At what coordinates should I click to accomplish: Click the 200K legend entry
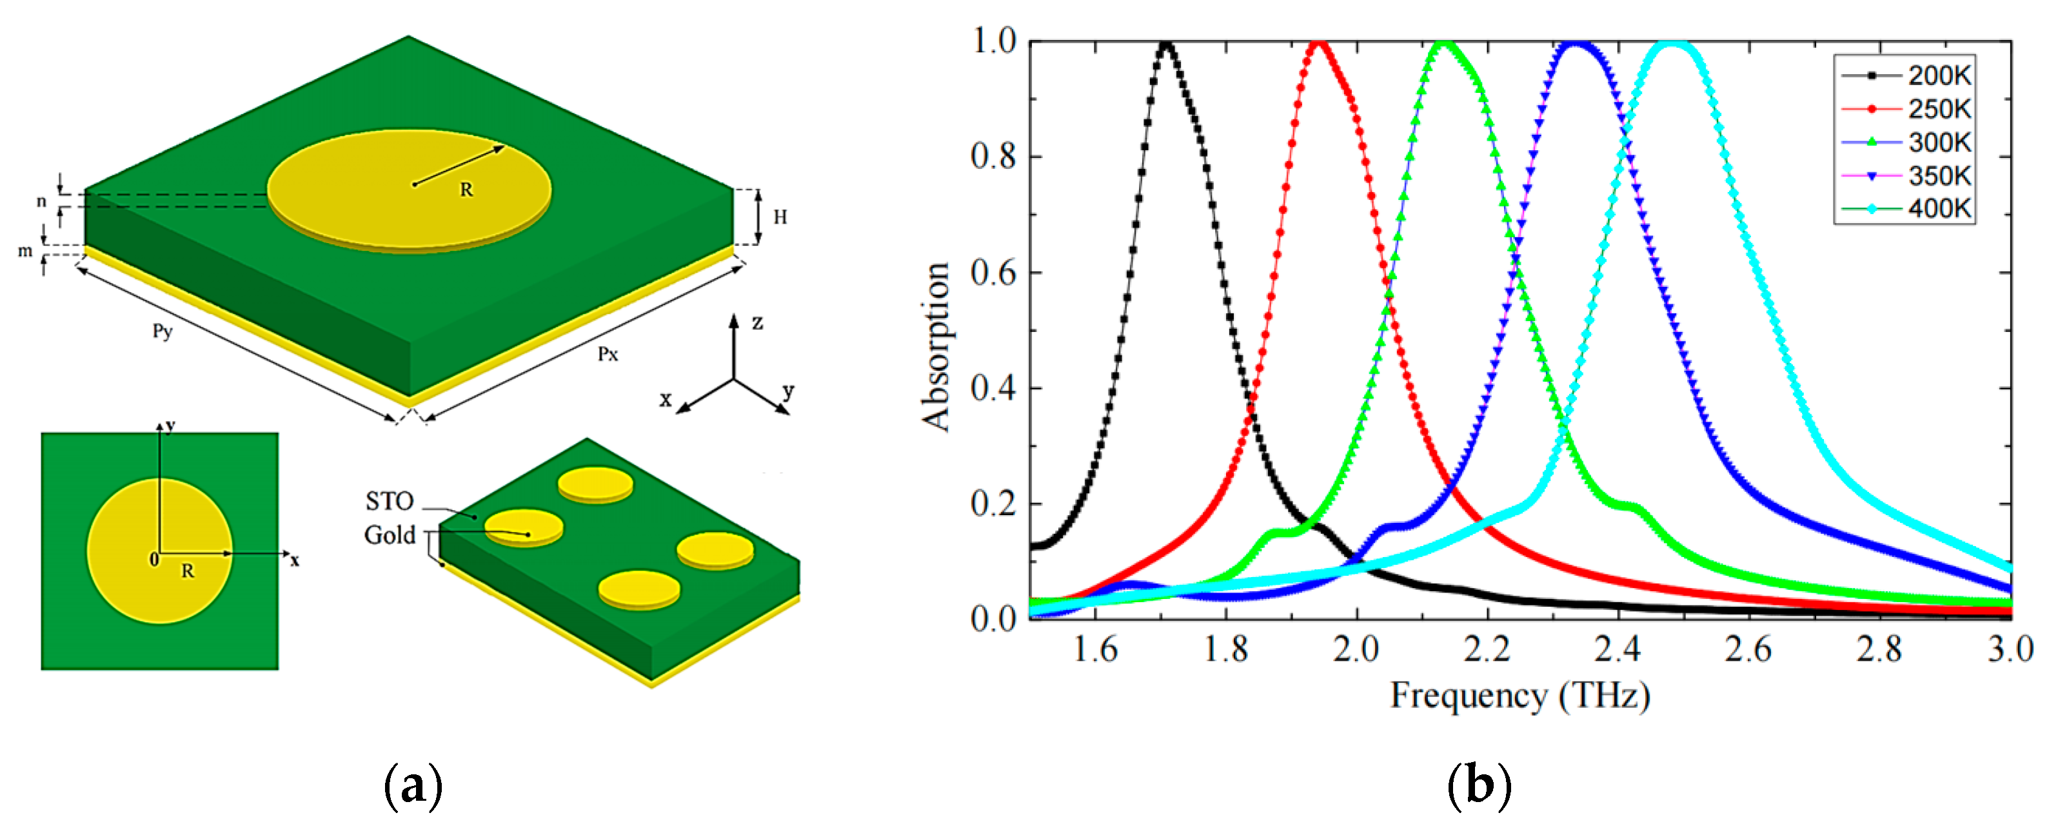[x=1939, y=75]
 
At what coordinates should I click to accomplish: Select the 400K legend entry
[x=1939, y=208]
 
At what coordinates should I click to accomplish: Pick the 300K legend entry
[x=1939, y=142]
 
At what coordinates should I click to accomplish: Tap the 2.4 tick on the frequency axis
[x=1617, y=649]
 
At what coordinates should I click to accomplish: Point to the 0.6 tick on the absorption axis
[x=993, y=273]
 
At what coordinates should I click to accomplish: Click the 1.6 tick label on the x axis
[x=1095, y=649]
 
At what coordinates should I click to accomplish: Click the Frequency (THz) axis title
[x=1519, y=696]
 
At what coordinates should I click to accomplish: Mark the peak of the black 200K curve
[x=1166, y=44]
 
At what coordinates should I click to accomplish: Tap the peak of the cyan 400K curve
[x=1673, y=44]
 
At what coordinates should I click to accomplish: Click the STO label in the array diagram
[x=389, y=501]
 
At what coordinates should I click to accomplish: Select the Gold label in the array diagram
[x=389, y=535]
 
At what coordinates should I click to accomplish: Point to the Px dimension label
[x=608, y=354]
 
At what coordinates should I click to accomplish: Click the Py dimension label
[x=163, y=331]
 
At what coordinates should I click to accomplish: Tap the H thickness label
[x=780, y=217]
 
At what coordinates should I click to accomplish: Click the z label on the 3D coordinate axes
[x=757, y=323]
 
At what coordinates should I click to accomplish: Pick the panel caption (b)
[x=1479, y=785]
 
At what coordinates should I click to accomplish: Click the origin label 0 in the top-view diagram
[x=154, y=560]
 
